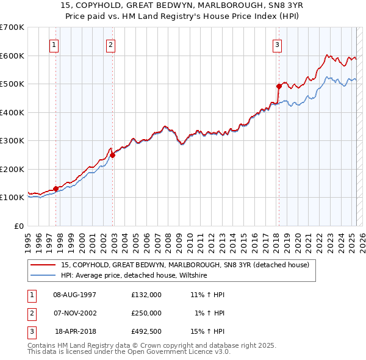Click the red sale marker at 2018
tap(278, 86)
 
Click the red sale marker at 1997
tap(56, 189)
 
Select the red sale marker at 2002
tap(113, 155)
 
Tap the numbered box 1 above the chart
tap(54, 44)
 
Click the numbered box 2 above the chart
tap(110, 44)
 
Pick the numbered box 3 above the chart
tap(277, 44)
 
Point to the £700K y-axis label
tap(12, 27)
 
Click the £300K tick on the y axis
tap(12, 141)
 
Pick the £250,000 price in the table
tap(146, 313)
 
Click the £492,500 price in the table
tap(146, 331)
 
